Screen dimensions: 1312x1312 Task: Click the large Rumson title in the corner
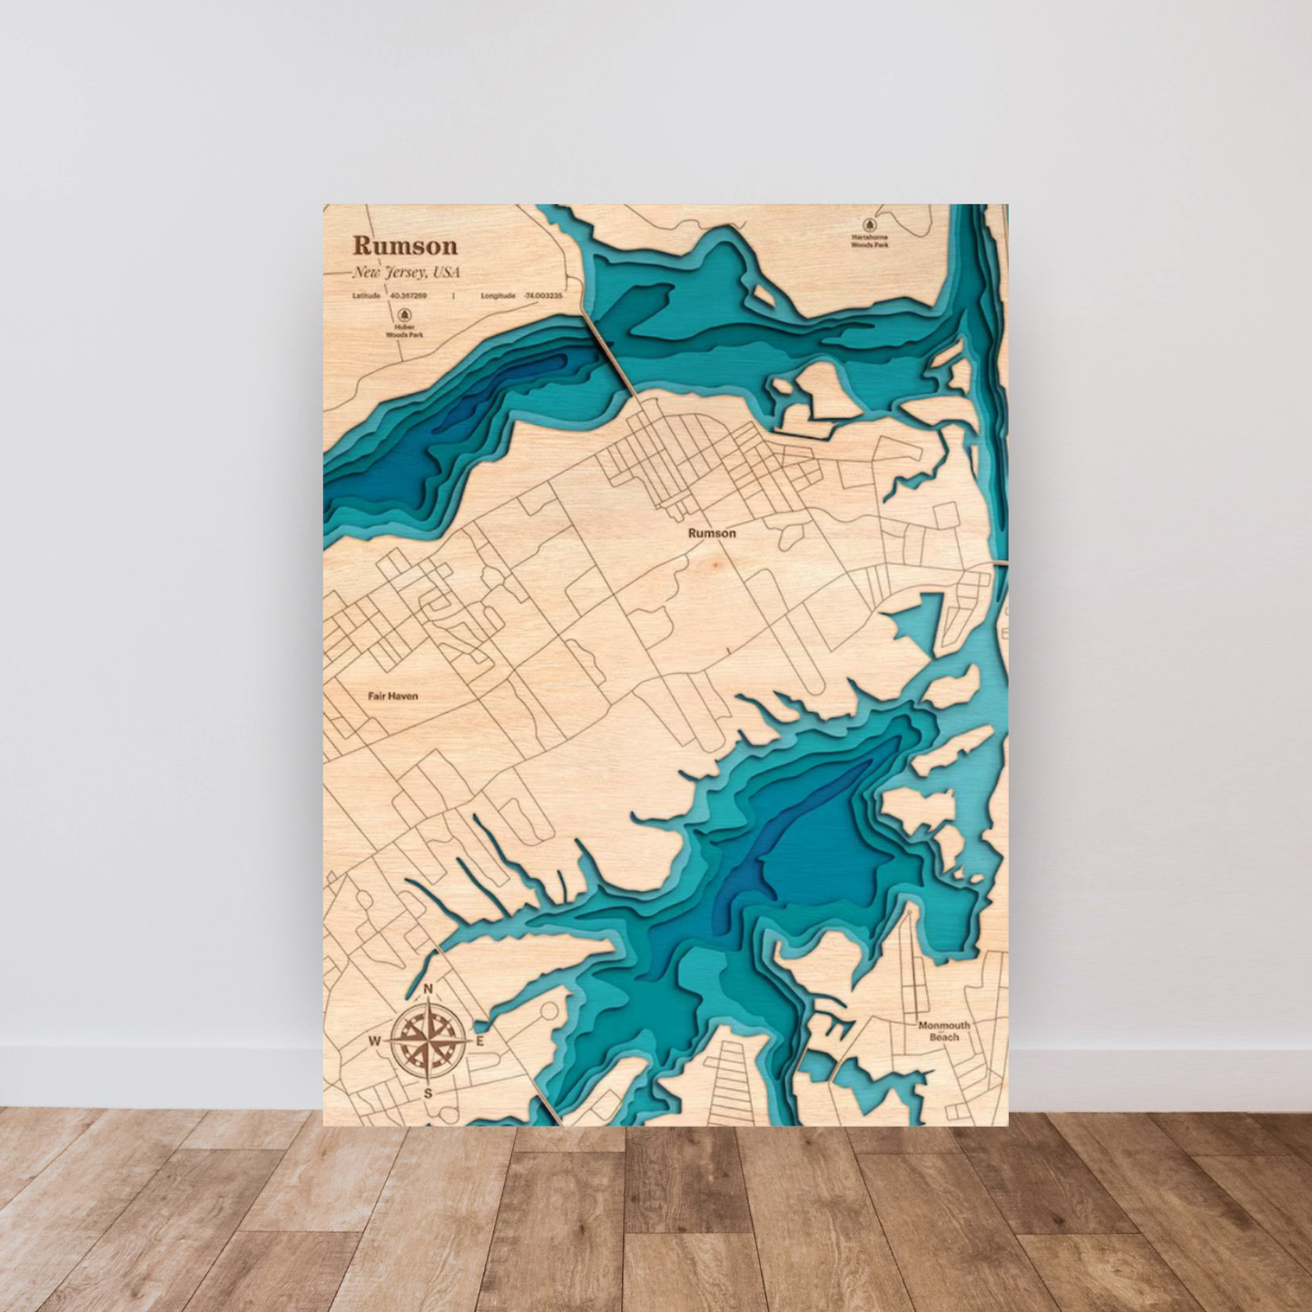click(405, 245)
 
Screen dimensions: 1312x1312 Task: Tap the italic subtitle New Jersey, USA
click(406, 272)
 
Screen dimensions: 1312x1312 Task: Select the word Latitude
click(367, 296)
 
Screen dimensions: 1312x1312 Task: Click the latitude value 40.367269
click(409, 296)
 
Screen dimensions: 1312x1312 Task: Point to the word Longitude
click(498, 296)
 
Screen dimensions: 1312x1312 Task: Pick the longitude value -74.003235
click(543, 296)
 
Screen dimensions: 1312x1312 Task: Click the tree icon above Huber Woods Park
click(404, 315)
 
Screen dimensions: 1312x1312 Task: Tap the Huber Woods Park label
click(404, 330)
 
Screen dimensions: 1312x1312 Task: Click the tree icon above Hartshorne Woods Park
click(869, 224)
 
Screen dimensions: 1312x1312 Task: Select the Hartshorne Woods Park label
click(869, 241)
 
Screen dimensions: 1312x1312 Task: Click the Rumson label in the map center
click(712, 533)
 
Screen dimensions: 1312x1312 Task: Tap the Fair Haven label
click(393, 696)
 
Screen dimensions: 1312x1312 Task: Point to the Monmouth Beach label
click(944, 1031)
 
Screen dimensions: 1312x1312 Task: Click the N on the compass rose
click(429, 989)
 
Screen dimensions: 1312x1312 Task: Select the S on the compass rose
click(429, 1093)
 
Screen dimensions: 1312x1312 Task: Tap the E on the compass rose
click(480, 1041)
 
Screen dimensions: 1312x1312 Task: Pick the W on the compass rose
click(374, 1041)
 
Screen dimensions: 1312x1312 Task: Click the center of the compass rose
click(429, 1041)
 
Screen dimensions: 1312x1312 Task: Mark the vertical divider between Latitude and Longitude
click(453, 296)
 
